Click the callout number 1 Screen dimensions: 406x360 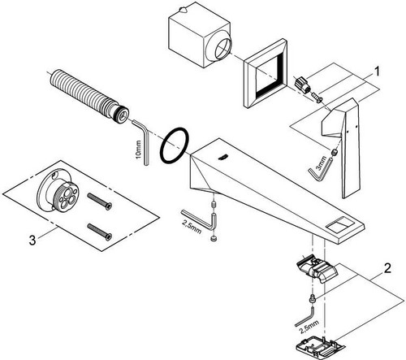click(x=377, y=72)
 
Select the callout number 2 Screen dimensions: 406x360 click(x=387, y=268)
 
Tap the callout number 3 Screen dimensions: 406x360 click(x=32, y=241)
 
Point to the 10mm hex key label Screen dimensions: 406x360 click(x=138, y=149)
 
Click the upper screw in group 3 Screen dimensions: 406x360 click(x=99, y=201)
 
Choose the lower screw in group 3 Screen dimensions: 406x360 click(x=99, y=232)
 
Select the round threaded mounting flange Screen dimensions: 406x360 click(x=58, y=193)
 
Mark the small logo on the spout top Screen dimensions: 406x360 click(x=222, y=157)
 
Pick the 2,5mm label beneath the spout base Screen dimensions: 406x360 click(x=192, y=227)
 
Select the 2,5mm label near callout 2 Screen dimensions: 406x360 click(x=309, y=326)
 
